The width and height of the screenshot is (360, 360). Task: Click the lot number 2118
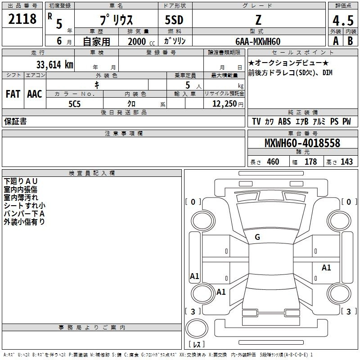[22, 19]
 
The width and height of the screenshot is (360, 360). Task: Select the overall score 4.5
[343, 20]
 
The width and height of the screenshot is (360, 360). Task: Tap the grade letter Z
[258, 20]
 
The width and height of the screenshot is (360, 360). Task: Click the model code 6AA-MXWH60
[258, 41]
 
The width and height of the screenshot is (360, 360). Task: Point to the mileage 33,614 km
[54, 64]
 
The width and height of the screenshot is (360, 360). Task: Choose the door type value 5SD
[174, 20]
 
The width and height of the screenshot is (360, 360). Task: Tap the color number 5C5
[74, 104]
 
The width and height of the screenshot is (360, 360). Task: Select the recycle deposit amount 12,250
[225, 104]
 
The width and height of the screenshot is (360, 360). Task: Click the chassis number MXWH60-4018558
[302, 143]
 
